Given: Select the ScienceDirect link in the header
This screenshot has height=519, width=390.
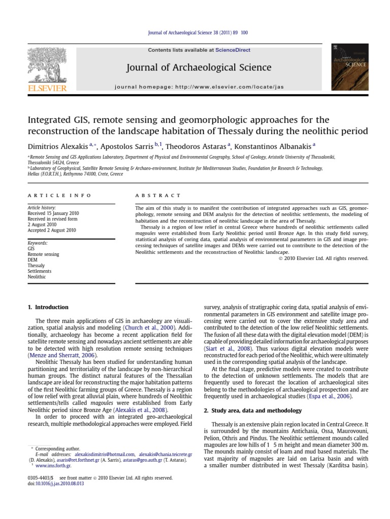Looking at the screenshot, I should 233,50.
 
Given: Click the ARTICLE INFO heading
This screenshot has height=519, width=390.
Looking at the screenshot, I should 59,195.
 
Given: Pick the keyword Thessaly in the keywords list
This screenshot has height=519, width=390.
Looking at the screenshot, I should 36,265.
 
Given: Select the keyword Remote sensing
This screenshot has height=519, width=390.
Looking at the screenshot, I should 43,254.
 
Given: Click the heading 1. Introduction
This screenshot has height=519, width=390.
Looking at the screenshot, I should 47,307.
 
